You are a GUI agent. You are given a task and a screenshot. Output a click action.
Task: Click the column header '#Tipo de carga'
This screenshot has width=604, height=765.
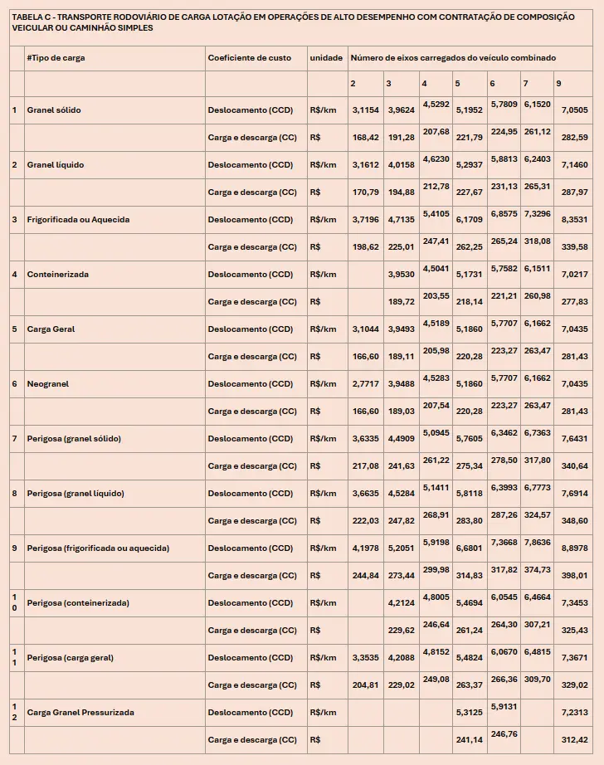coord(56,58)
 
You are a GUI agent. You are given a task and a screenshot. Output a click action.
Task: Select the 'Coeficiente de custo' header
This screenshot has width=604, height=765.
coord(249,58)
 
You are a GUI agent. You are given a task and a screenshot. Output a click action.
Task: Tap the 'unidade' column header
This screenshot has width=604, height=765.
coord(326,58)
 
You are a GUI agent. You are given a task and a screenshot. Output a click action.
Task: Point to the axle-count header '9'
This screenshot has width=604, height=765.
coord(558,84)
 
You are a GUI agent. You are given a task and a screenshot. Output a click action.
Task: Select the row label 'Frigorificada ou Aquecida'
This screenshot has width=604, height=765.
coord(78,220)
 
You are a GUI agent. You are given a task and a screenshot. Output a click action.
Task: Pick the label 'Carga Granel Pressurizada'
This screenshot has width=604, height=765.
coord(80,713)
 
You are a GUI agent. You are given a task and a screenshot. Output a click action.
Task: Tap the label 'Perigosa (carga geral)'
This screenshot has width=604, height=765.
coord(70,658)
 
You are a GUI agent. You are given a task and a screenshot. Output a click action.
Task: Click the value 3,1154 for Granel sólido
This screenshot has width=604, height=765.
coord(365,110)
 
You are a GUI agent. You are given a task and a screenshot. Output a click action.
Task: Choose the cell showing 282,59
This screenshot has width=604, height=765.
coord(574,138)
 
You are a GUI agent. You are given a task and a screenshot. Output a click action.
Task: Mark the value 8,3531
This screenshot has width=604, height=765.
coord(574,220)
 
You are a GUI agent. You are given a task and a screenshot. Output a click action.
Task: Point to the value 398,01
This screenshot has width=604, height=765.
coord(574,576)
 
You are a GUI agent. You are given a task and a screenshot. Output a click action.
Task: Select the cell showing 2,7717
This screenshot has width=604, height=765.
coord(365,384)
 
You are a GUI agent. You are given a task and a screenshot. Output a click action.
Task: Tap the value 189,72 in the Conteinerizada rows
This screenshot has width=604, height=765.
coord(401,302)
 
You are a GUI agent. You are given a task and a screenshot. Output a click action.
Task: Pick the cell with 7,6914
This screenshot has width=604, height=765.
coord(574,494)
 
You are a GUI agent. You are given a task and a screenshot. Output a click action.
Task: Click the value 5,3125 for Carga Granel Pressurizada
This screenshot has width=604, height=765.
coord(469,713)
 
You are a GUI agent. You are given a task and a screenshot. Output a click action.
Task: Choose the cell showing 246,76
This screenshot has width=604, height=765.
coord(504,733)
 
